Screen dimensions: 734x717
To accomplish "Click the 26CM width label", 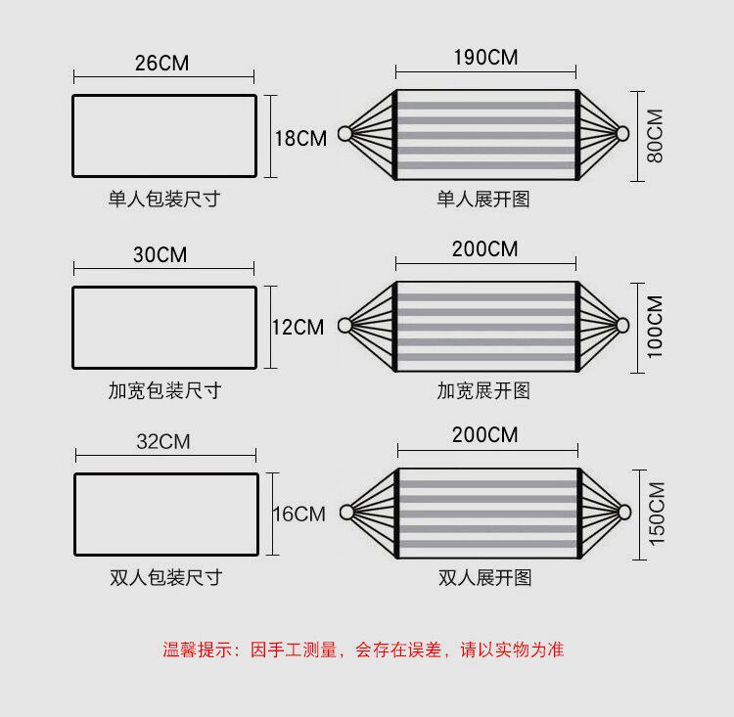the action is (x=162, y=64).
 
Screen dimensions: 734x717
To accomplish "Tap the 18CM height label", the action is (x=299, y=138).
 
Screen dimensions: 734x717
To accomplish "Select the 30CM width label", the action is (x=161, y=255).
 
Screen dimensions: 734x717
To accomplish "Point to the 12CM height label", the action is (x=298, y=327).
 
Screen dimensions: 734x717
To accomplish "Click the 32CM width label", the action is (x=162, y=441).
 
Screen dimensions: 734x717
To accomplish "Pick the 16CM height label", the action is (x=298, y=514).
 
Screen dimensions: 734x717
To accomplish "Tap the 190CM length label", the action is (x=485, y=57).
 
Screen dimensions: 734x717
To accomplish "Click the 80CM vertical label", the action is (x=655, y=135).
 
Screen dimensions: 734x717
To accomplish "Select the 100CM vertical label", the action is (x=655, y=326).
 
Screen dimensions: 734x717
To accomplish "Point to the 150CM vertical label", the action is (x=656, y=514).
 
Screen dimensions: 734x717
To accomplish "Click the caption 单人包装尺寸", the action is (x=163, y=200).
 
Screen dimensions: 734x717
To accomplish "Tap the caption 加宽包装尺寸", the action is (x=163, y=390).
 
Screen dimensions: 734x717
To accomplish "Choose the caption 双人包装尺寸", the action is (x=165, y=577).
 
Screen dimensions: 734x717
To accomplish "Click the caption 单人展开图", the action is (x=483, y=200).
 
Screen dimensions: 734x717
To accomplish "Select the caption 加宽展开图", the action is (x=483, y=390).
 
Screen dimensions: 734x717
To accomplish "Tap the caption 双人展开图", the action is (x=485, y=577).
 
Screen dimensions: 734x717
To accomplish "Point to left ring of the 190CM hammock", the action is (x=344, y=134).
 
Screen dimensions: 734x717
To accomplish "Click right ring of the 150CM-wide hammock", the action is (x=624, y=512).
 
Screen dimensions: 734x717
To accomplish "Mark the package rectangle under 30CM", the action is (x=164, y=327).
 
